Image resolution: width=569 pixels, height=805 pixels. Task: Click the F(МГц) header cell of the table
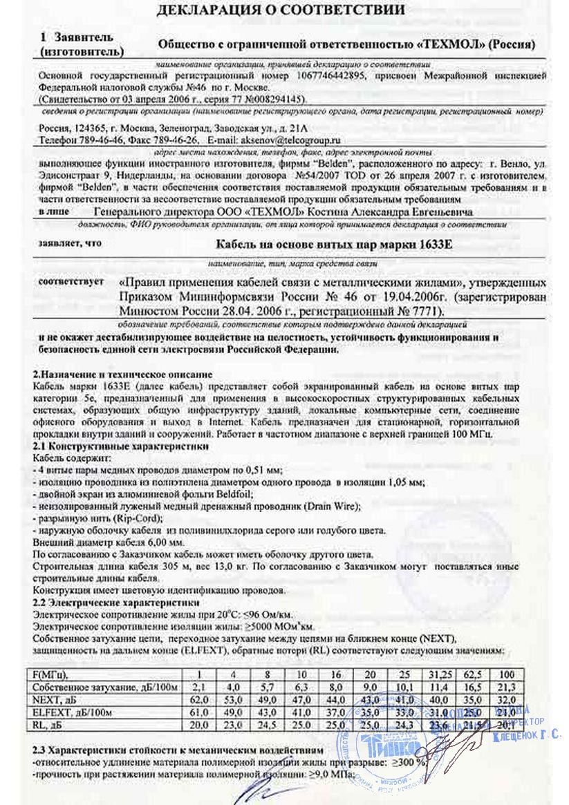[53, 673]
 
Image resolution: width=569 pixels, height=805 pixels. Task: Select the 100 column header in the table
[507, 673]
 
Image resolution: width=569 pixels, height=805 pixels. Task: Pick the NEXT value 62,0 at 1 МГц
[198, 699]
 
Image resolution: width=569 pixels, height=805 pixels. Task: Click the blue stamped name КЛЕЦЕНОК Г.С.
[527, 737]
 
